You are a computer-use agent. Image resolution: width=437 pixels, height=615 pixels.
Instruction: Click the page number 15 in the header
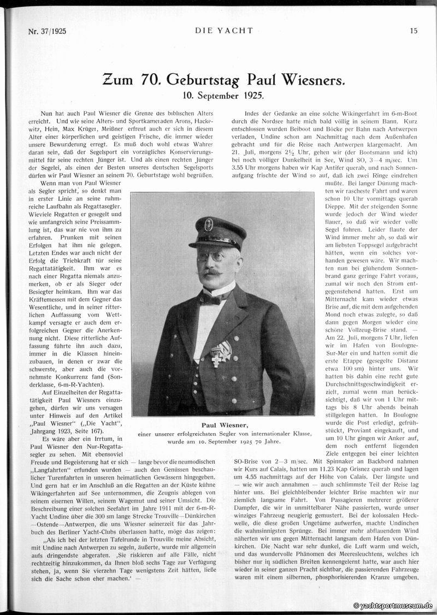click(414, 31)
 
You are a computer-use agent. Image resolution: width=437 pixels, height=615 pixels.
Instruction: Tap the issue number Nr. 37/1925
click(47, 31)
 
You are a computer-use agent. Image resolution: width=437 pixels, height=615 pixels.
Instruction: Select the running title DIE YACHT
click(224, 31)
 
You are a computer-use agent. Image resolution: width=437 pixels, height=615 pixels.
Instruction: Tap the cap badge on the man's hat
click(209, 224)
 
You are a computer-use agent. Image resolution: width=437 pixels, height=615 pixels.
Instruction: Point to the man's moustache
click(213, 271)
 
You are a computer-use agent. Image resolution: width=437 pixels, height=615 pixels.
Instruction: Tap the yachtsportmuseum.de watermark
click(393, 605)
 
